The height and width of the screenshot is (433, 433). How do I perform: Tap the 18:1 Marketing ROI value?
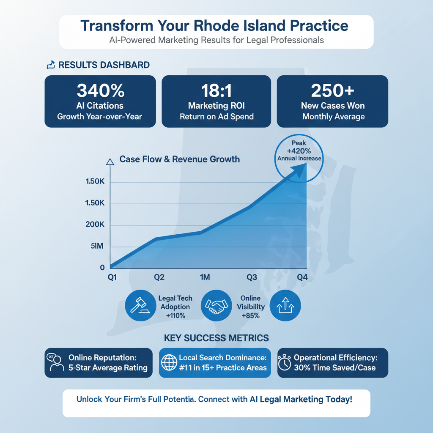click(x=216, y=90)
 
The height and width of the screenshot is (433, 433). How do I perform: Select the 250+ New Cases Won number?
click(x=332, y=90)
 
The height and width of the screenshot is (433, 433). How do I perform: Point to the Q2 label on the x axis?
click(x=159, y=277)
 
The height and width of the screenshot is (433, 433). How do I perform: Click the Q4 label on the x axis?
click(x=302, y=277)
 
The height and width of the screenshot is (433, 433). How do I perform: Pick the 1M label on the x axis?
click(x=205, y=277)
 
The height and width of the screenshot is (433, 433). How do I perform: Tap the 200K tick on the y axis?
click(x=95, y=225)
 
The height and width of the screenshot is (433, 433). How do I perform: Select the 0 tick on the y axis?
click(x=102, y=267)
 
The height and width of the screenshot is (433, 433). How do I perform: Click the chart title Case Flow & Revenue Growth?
click(x=180, y=159)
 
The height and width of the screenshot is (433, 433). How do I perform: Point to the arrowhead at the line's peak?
click(x=301, y=169)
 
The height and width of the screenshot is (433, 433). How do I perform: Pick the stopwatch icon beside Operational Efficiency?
click(x=285, y=363)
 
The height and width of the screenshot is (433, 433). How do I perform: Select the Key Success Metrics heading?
click(x=216, y=338)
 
